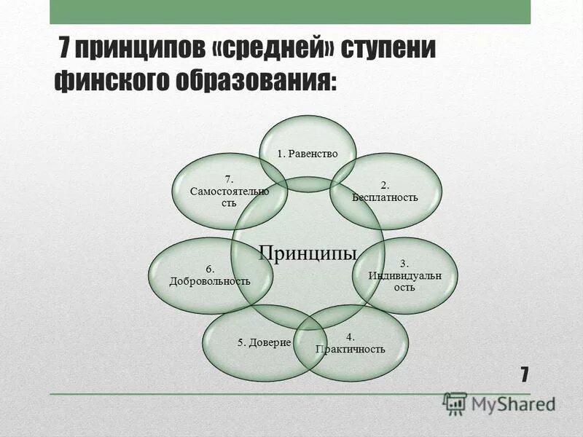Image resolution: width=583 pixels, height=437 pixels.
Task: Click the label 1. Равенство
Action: [308, 154]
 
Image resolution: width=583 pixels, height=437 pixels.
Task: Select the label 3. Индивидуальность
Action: [404, 275]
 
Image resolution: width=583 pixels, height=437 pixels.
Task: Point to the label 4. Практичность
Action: [350, 343]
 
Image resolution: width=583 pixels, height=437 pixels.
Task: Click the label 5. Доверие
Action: [264, 342]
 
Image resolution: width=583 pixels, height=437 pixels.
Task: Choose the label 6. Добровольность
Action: [209, 275]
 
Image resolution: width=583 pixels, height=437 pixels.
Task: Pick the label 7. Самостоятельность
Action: [229, 191]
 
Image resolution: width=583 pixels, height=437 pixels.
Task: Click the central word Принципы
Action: [308, 253]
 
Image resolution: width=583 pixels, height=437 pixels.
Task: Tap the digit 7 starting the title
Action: [63, 50]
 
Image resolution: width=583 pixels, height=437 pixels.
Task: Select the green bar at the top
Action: [290, 12]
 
